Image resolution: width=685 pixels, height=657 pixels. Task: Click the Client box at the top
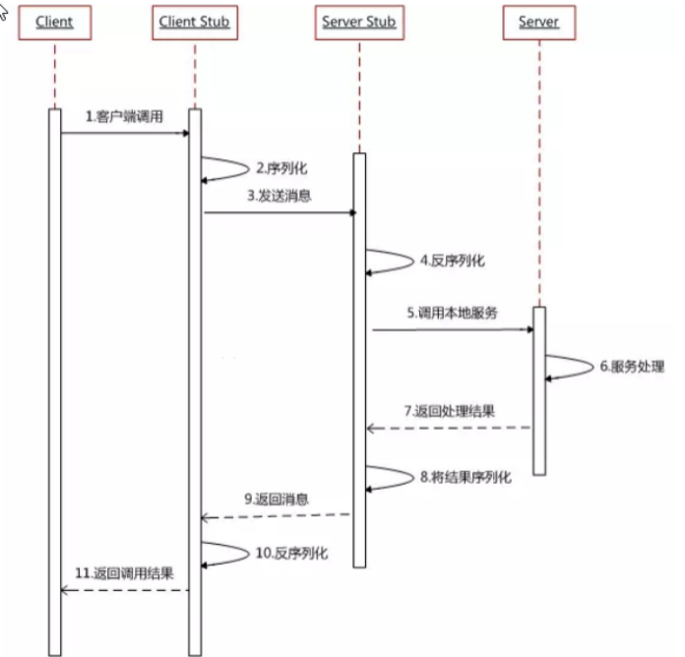click(55, 22)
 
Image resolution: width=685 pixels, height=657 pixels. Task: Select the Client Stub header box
click(194, 22)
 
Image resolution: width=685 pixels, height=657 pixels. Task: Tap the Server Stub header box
click(358, 22)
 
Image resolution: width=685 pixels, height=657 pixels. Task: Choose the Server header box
click(538, 22)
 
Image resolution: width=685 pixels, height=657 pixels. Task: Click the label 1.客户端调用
click(124, 116)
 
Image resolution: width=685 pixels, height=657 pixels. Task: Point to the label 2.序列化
click(275, 168)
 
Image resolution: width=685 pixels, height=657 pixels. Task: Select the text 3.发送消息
click(280, 196)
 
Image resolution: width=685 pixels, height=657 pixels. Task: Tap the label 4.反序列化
click(452, 262)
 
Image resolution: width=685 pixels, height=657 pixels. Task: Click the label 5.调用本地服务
click(453, 313)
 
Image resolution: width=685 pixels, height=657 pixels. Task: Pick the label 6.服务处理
click(632, 367)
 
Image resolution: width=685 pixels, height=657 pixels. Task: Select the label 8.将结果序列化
click(466, 477)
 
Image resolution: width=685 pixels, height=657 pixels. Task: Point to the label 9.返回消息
click(277, 499)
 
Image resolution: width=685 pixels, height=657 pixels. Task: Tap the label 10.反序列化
click(291, 554)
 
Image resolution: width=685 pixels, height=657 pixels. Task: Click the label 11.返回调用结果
click(125, 572)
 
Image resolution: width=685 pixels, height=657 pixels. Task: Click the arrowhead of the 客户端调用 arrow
click(184, 132)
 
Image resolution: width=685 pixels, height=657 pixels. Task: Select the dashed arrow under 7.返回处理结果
click(449, 428)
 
